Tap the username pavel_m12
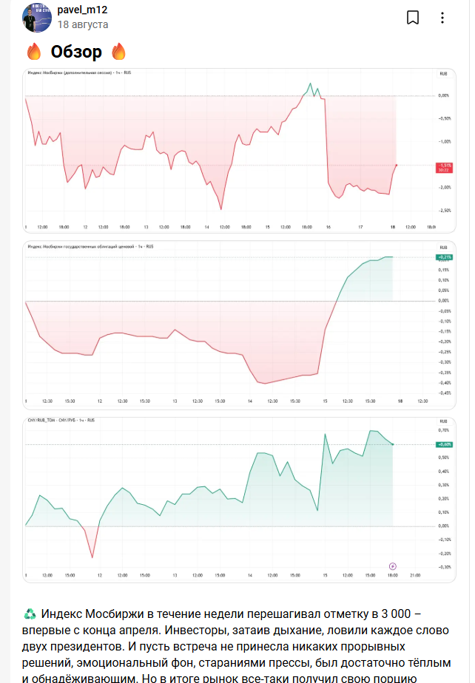82,10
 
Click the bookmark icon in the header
413,18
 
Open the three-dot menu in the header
442,18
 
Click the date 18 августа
83,24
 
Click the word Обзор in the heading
76,52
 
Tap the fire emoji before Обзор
34,52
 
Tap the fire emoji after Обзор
118,52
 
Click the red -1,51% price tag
445,166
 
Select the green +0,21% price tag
444,257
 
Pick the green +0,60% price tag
444,444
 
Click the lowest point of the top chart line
220,209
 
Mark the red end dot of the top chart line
397,166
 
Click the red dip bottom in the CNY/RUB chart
92,557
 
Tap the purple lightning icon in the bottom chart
393,566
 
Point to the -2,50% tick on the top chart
444,211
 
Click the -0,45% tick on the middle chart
444,393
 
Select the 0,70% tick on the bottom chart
444,430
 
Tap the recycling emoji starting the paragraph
30,614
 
